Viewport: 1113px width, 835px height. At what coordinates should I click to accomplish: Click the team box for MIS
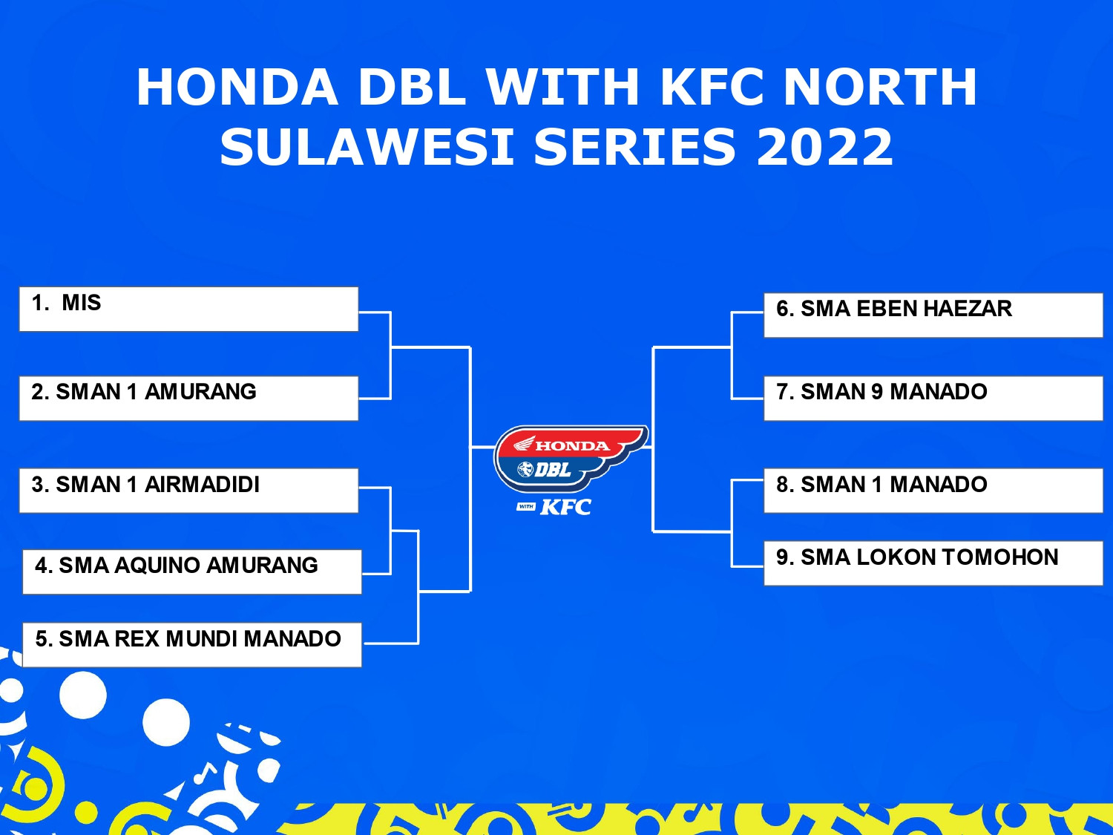pos(188,310)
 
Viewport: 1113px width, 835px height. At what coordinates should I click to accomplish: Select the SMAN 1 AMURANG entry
pos(188,399)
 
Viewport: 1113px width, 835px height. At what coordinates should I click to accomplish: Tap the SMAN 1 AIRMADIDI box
pos(188,491)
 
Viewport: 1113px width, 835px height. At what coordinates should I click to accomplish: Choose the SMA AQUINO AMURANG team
pos(192,572)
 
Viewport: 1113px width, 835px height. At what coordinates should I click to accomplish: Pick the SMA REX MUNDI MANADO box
pos(192,645)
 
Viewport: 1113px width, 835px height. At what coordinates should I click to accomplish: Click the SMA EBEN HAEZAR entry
pos(933,315)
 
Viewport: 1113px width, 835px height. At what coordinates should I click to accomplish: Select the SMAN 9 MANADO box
pos(933,399)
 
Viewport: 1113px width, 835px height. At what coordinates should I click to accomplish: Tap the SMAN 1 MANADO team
pos(933,491)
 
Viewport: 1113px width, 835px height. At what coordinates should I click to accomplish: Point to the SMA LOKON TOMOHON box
pos(933,563)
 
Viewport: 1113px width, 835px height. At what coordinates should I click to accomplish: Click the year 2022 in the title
pos(824,147)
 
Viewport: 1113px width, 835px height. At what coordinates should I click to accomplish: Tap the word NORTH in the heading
pos(880,87)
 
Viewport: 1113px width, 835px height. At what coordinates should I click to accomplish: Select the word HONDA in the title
pos(237,87)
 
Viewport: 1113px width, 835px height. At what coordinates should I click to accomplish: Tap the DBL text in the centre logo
pos(553,471)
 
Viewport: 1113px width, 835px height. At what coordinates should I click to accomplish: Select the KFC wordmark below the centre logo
pos(565,507)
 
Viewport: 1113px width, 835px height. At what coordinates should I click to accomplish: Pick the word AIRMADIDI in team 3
pos(202,485)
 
